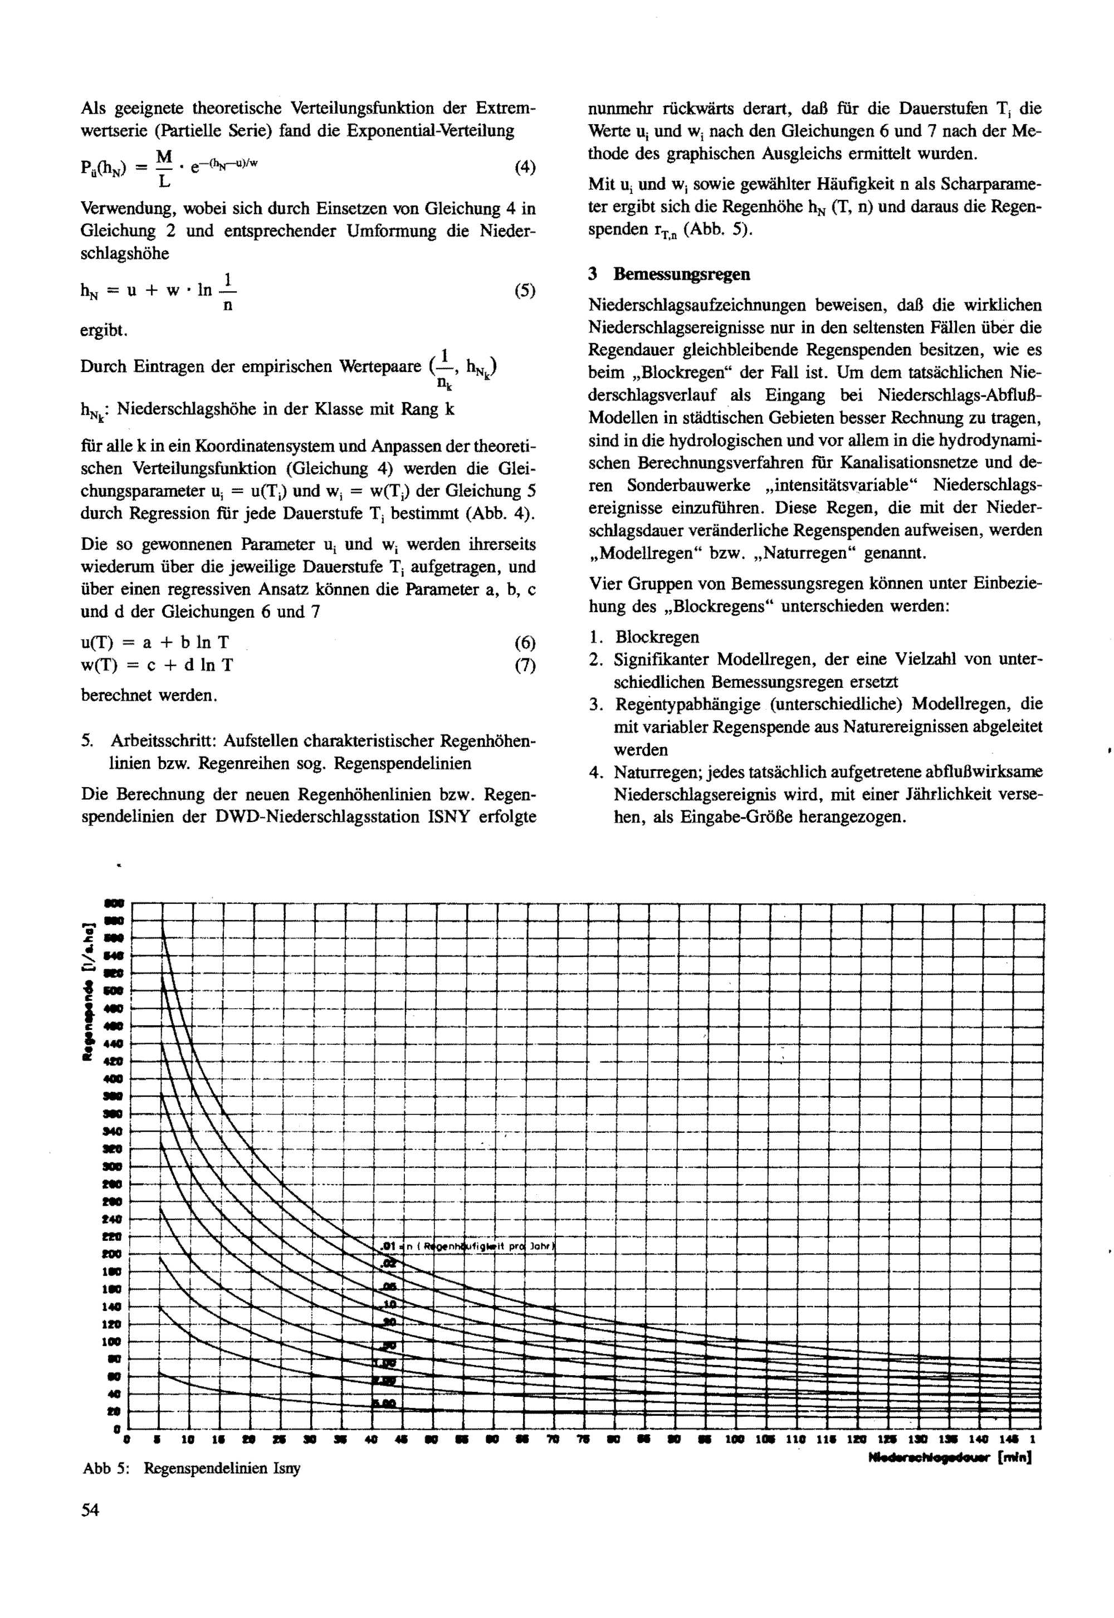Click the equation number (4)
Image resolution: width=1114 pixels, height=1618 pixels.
(524, 168)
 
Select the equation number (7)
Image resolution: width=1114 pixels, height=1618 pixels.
(524, 665)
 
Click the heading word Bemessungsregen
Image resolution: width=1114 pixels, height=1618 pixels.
(681, 275)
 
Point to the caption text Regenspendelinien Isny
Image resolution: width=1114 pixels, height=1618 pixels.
(222, 1468)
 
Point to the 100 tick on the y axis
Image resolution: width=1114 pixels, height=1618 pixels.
(112, 1342)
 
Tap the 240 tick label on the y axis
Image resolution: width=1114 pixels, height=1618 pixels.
(112, 1219)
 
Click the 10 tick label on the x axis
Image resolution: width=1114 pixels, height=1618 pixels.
(188, 1439)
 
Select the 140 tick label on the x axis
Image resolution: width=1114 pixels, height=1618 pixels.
(978, 1439)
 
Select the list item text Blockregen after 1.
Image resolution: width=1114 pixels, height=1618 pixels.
(657, 637)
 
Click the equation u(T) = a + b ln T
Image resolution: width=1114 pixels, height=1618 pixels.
(155, 643)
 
